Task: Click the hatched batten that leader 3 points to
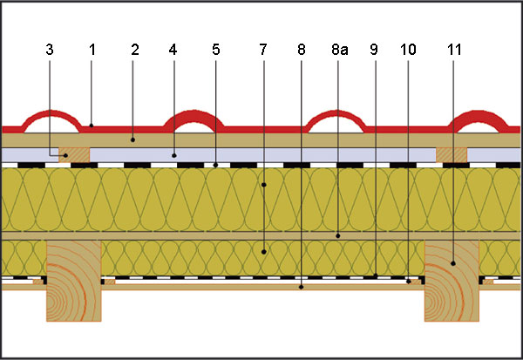tap(74, 154)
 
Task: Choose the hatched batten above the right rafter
tap(452, 154)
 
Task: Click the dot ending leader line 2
tap(133, 138)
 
